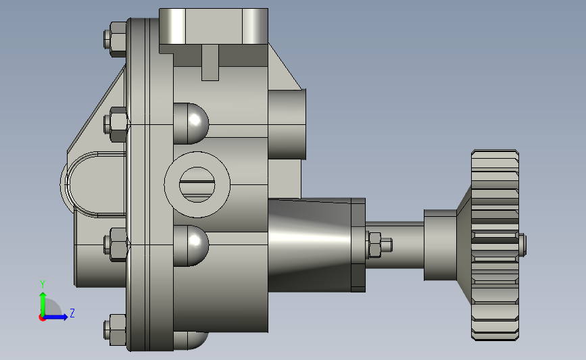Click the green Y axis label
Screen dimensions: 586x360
[x=43, y=284]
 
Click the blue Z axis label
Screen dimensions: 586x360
[x=72, y=313]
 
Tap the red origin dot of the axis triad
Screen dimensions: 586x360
[x=42, y=317]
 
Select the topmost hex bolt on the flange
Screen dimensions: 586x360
[x=115, y=39]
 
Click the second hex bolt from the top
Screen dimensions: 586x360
[x=116, y=125]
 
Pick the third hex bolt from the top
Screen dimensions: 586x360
[x=116, y=245]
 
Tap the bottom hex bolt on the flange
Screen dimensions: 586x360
[x=115, y=330]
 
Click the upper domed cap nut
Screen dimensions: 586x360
[x=191, y=124]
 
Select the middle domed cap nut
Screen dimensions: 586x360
[x=191, y=246]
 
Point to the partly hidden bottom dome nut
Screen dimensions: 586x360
[x=191, y=340]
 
